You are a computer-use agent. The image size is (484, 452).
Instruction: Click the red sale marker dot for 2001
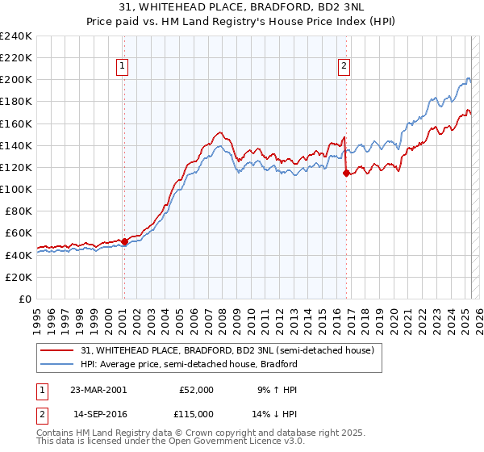pos(124,241)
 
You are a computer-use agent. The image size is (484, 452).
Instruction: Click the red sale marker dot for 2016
pos(346,173)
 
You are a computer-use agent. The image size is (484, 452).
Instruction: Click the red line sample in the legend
pos(58,351)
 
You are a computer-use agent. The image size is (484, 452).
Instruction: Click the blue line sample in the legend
pos(58,364)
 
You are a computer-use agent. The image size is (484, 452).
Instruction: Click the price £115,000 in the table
pos(195,414)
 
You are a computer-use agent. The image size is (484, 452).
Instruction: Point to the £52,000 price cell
pos(195,390)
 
